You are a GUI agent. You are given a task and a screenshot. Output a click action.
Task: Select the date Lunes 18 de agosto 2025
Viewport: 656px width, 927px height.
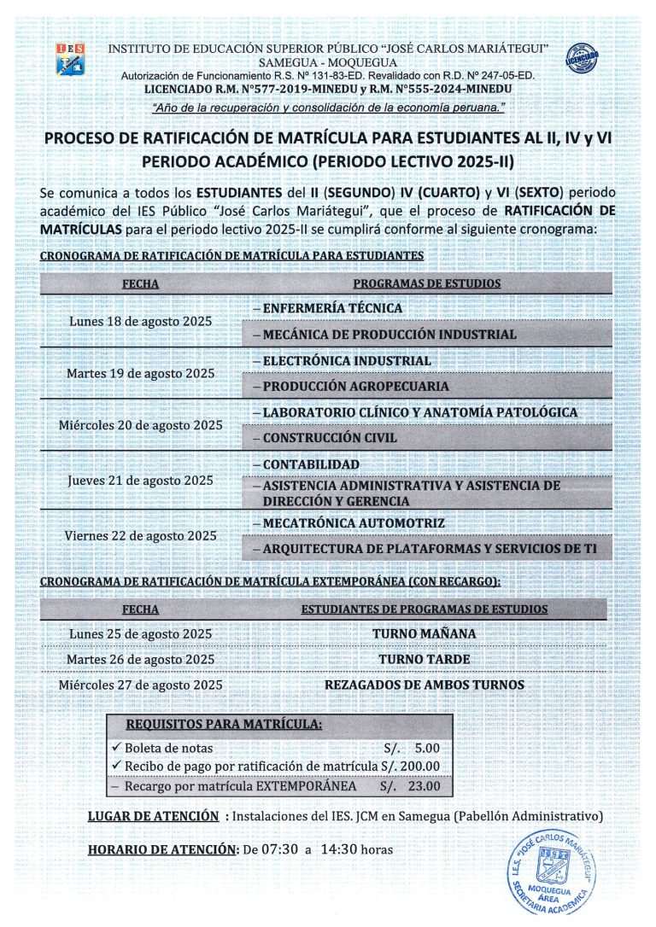click(x=140, y=321)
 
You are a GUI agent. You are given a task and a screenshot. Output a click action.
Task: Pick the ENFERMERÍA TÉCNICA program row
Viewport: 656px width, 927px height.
click(x=332, y=308)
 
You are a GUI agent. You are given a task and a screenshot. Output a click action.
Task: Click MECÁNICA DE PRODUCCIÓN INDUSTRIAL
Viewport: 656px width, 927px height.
click(x=389, y=334)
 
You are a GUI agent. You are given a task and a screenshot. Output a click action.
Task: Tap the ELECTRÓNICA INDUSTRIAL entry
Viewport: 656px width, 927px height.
click(x=347, y=360)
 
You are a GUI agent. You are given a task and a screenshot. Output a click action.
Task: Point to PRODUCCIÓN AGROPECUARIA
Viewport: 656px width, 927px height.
click(x=355, y=386)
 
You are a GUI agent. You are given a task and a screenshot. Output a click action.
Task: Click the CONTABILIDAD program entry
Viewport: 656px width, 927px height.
click(x=311, y=464)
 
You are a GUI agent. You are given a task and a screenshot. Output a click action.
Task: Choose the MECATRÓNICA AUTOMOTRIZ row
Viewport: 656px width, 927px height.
click(x=354, y=522)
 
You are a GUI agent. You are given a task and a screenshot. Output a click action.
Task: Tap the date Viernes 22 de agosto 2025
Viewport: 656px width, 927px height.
click(x=141, y=535)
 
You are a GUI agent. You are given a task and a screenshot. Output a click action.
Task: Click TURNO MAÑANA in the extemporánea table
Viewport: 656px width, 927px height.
click(x=425, y=633)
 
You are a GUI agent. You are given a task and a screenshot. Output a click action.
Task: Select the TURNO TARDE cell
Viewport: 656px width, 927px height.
click(x=425, y=659)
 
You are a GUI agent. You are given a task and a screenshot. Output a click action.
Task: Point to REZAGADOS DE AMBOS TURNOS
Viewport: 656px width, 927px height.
click(x=425, y=685)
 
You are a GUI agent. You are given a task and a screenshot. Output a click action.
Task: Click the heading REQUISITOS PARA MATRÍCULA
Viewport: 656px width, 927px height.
click(x=224, y=726)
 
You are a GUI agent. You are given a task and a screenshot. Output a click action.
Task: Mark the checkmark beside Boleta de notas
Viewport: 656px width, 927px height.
click(x=118, y=747)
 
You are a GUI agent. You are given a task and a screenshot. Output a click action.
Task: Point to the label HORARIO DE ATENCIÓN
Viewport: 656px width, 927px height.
click(x=162, y=849)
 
